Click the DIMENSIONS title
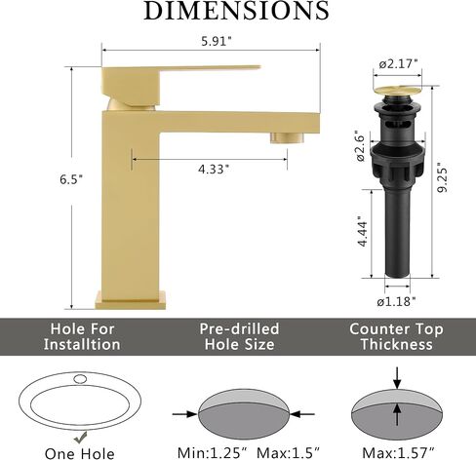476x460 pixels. pos(236,10)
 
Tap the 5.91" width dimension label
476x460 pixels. pos(217,41)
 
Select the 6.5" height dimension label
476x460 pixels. pos(71,179)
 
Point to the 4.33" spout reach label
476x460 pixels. pos(214,170)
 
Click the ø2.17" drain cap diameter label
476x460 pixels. pos(398,64)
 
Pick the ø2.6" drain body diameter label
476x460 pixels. pos(362,146)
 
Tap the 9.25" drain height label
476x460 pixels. pos(442,177)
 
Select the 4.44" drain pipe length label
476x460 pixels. pos(362,231)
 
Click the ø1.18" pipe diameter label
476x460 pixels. pos(396,302)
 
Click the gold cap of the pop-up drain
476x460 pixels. pos(397,91)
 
